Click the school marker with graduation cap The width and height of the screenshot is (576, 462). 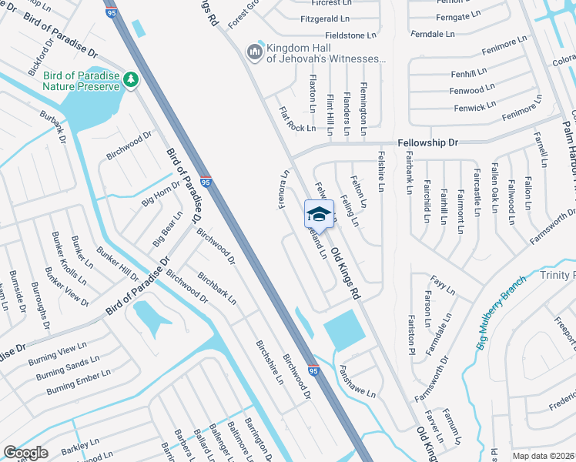pyautogui.click(x=320, y=213)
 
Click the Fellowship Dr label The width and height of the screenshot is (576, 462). pyautogui.click(x=427, y=143)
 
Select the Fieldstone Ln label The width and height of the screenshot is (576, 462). pyautogui.click(x=350, y=35)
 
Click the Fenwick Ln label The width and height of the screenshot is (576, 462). pyautogui.click(x=475, y=108)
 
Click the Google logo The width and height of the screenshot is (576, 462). pyautogui.click(x=25, y=453)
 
